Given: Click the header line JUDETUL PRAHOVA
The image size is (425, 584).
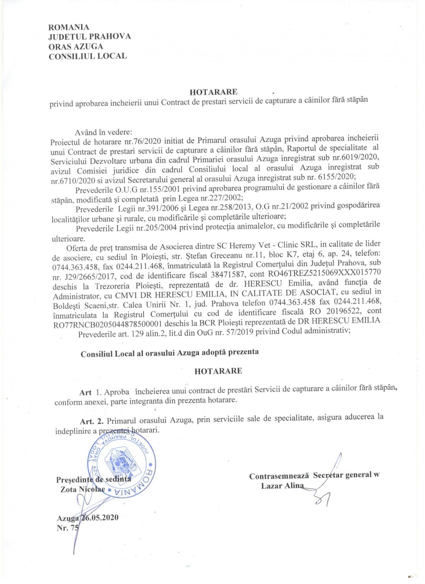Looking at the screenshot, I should [90, 37].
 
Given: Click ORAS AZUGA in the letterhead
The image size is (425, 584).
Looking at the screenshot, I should [76, 46].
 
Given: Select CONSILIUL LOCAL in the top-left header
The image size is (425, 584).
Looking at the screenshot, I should [88, 56].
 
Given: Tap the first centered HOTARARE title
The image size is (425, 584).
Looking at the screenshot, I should [213, 92].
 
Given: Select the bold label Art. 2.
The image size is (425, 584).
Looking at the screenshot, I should [92, 418].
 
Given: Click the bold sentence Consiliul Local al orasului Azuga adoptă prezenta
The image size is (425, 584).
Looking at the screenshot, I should [169, 352].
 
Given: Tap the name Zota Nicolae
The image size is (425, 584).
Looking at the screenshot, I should [83, 489].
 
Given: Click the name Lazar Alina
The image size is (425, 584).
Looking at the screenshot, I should [282, 486].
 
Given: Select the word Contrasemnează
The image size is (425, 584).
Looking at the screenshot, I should [278, 476].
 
